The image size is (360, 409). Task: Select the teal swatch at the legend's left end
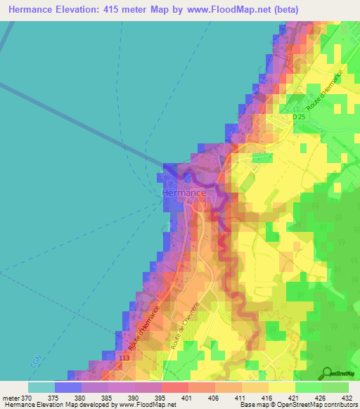[x=41, y=387]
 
